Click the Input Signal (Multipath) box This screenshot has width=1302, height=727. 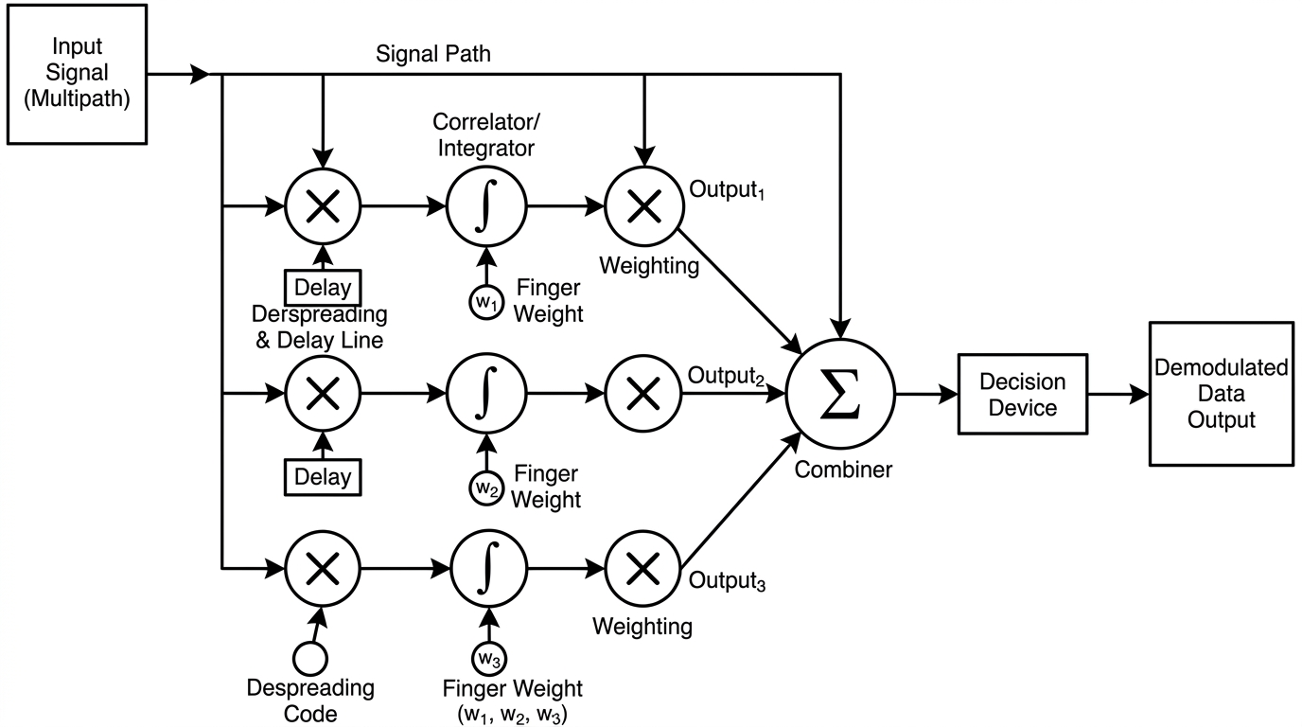(x=78, y=74)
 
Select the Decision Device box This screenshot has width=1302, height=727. (x=1022, y=395)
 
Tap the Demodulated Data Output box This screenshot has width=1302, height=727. (x=1221, y=394)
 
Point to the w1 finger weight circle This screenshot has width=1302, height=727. (x=484, y=300)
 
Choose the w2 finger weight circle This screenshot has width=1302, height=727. (x=484, y=488)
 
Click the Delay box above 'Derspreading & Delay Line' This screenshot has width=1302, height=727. (x=323, y=288)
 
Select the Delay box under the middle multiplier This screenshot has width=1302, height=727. (x=323, y=476)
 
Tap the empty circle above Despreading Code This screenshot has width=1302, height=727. (x=310, y=656)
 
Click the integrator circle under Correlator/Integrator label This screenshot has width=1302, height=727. (x=485, y=205)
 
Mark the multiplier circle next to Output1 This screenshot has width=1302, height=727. (x=643, y=205)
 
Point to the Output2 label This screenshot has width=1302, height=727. (x=725, y=377)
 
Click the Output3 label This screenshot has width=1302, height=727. (x=727, y=580)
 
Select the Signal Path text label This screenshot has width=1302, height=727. (x=433, y=54)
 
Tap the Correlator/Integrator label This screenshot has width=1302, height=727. (x=484, y=134)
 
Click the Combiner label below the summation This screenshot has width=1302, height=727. (x=843, y=469)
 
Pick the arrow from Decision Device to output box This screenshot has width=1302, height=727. (x=1116, y=395)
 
